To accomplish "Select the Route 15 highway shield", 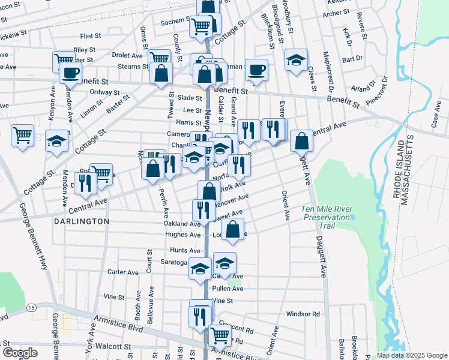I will (x=31, y=307).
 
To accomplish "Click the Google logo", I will (x=20, y=352).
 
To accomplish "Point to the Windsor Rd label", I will (x=303, y=314).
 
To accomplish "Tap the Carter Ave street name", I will (x=124, y=272).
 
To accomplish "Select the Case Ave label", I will (x=436, y=121).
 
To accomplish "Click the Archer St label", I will (x=336, y=13).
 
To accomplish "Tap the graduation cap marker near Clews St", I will (x=296, y=60).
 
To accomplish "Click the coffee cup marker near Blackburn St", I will (x=256, y=69).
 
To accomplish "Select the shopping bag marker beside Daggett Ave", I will (x=301, y=142).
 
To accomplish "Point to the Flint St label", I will (x=94, y=36).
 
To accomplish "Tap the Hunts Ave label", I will (x=185, y=250).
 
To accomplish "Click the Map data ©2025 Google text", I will (x=412, y=355).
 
